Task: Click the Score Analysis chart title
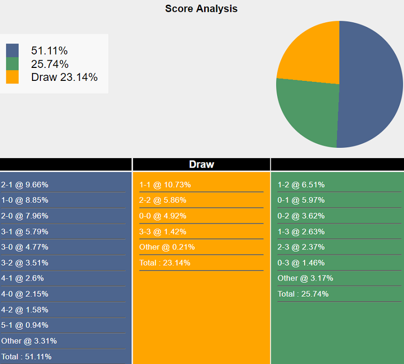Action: coord(201,9)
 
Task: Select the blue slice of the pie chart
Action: coord(370,86)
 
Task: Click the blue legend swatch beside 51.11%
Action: coord(12,50)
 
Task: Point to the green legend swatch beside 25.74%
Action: coord(12,64)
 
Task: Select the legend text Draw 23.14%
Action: coord(64,77)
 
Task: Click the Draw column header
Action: coord(201,164)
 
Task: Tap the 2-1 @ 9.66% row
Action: coord(25,185)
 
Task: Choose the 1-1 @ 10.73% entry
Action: coord(165,185)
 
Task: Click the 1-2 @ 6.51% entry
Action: coord(301,185)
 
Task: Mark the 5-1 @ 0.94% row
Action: coord(25,325)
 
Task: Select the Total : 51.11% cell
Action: coord(26,357)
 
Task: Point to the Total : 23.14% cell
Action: coord(165,263)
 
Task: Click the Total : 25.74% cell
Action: coord(303,294)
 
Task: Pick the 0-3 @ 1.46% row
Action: coord(301,262)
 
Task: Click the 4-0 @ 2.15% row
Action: coord(25,294)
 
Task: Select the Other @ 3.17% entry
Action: coord(305,278)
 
